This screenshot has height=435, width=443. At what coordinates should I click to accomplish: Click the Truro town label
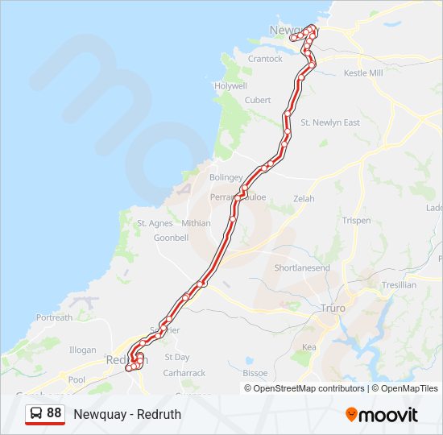coord(333,309)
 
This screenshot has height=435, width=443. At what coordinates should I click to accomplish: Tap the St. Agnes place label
coord(154,223)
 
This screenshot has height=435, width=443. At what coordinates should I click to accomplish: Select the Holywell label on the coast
coord(230,85)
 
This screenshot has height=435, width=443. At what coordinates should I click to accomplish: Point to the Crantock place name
coord(266,59)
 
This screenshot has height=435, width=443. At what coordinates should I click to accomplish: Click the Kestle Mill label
coord(363,73)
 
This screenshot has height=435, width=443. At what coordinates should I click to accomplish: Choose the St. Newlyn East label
coord(330,122)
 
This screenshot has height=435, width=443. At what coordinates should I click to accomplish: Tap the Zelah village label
coord(304,198)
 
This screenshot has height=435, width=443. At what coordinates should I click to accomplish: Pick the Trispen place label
coord(357,221)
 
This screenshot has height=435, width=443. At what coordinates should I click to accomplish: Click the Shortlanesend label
coord(302,267)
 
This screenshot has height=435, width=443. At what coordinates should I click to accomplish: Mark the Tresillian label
coord(400,285)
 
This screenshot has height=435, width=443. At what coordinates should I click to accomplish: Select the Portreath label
coord(54,317)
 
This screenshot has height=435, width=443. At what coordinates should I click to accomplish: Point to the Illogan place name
coord(82,350)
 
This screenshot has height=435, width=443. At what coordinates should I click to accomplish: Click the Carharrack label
coord(184,373)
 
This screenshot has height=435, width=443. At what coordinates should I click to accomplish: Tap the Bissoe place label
coord(255,373)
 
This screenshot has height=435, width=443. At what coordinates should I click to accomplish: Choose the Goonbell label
coord(171,238)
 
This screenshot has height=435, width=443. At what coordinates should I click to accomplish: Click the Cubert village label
coord(258,100)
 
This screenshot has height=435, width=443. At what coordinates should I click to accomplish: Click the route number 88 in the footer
coord(54,412)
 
